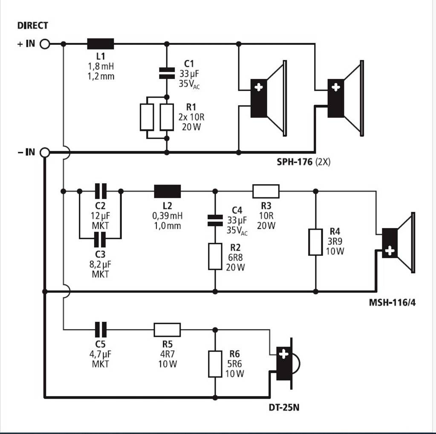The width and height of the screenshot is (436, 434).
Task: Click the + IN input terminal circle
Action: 45,43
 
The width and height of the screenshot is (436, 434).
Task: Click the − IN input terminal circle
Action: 45,153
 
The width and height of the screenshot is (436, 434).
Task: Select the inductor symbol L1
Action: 101,43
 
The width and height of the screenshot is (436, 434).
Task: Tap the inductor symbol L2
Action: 167,191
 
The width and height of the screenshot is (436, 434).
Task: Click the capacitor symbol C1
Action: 167,73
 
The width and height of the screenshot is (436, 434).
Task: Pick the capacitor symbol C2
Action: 101,191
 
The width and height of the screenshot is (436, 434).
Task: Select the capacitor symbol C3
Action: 101,240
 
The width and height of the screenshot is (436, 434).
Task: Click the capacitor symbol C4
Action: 215,220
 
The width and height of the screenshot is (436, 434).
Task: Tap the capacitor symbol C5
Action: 101,330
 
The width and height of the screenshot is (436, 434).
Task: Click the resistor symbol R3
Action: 266,191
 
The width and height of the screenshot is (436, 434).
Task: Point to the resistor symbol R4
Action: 315,242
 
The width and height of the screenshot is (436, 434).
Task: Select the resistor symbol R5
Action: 167,330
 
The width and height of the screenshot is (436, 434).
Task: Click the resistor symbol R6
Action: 215,364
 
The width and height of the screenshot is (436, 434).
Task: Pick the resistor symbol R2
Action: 215,257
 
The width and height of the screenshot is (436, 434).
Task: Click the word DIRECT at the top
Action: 33,26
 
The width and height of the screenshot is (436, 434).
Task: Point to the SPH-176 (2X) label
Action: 303,162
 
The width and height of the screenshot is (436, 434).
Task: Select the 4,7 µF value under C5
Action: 101,354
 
